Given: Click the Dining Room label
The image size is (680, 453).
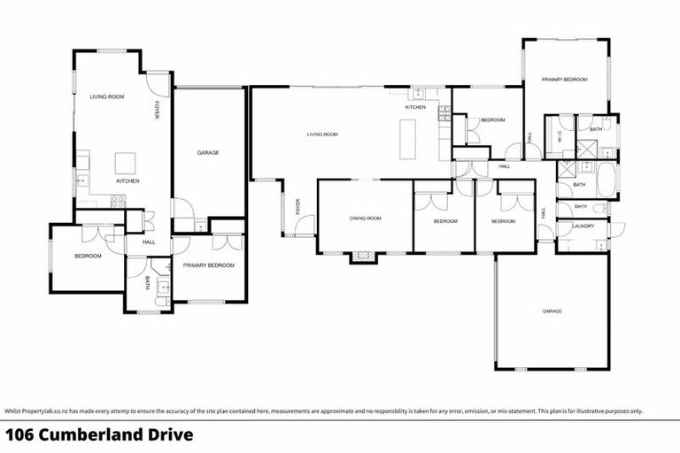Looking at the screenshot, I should coord(365,218).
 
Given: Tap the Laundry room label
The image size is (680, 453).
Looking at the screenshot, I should coord(583,226).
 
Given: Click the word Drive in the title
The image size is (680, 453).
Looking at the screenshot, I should coord(166,434).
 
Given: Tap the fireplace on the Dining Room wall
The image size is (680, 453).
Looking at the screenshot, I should coord(362,257).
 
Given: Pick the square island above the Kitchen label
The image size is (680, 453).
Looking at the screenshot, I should coord(126,163).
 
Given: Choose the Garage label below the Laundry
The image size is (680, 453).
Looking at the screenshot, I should coord(552,311).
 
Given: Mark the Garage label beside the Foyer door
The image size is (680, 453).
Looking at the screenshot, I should coord(208,153).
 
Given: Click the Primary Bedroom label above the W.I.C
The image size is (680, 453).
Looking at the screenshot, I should coord(565,80).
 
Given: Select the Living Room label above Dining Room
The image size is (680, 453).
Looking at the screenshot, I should coord(322,134).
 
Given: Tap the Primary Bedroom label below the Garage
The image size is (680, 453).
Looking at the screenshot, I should coord(209,265).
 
